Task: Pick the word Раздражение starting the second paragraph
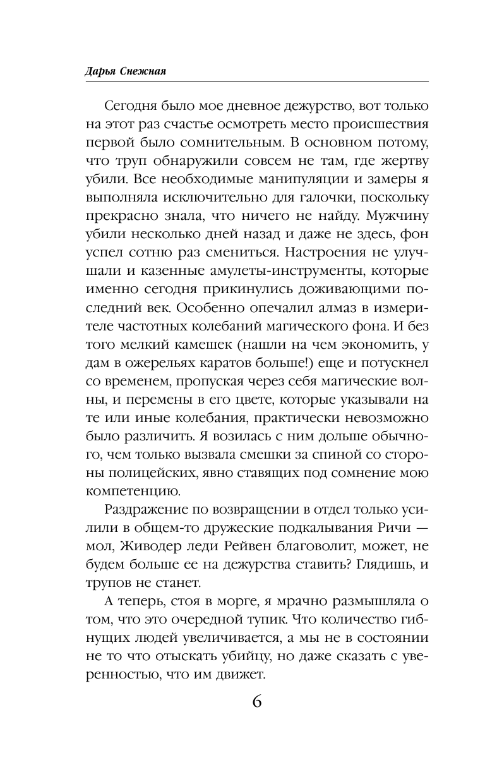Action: click(x=145, y=528)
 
